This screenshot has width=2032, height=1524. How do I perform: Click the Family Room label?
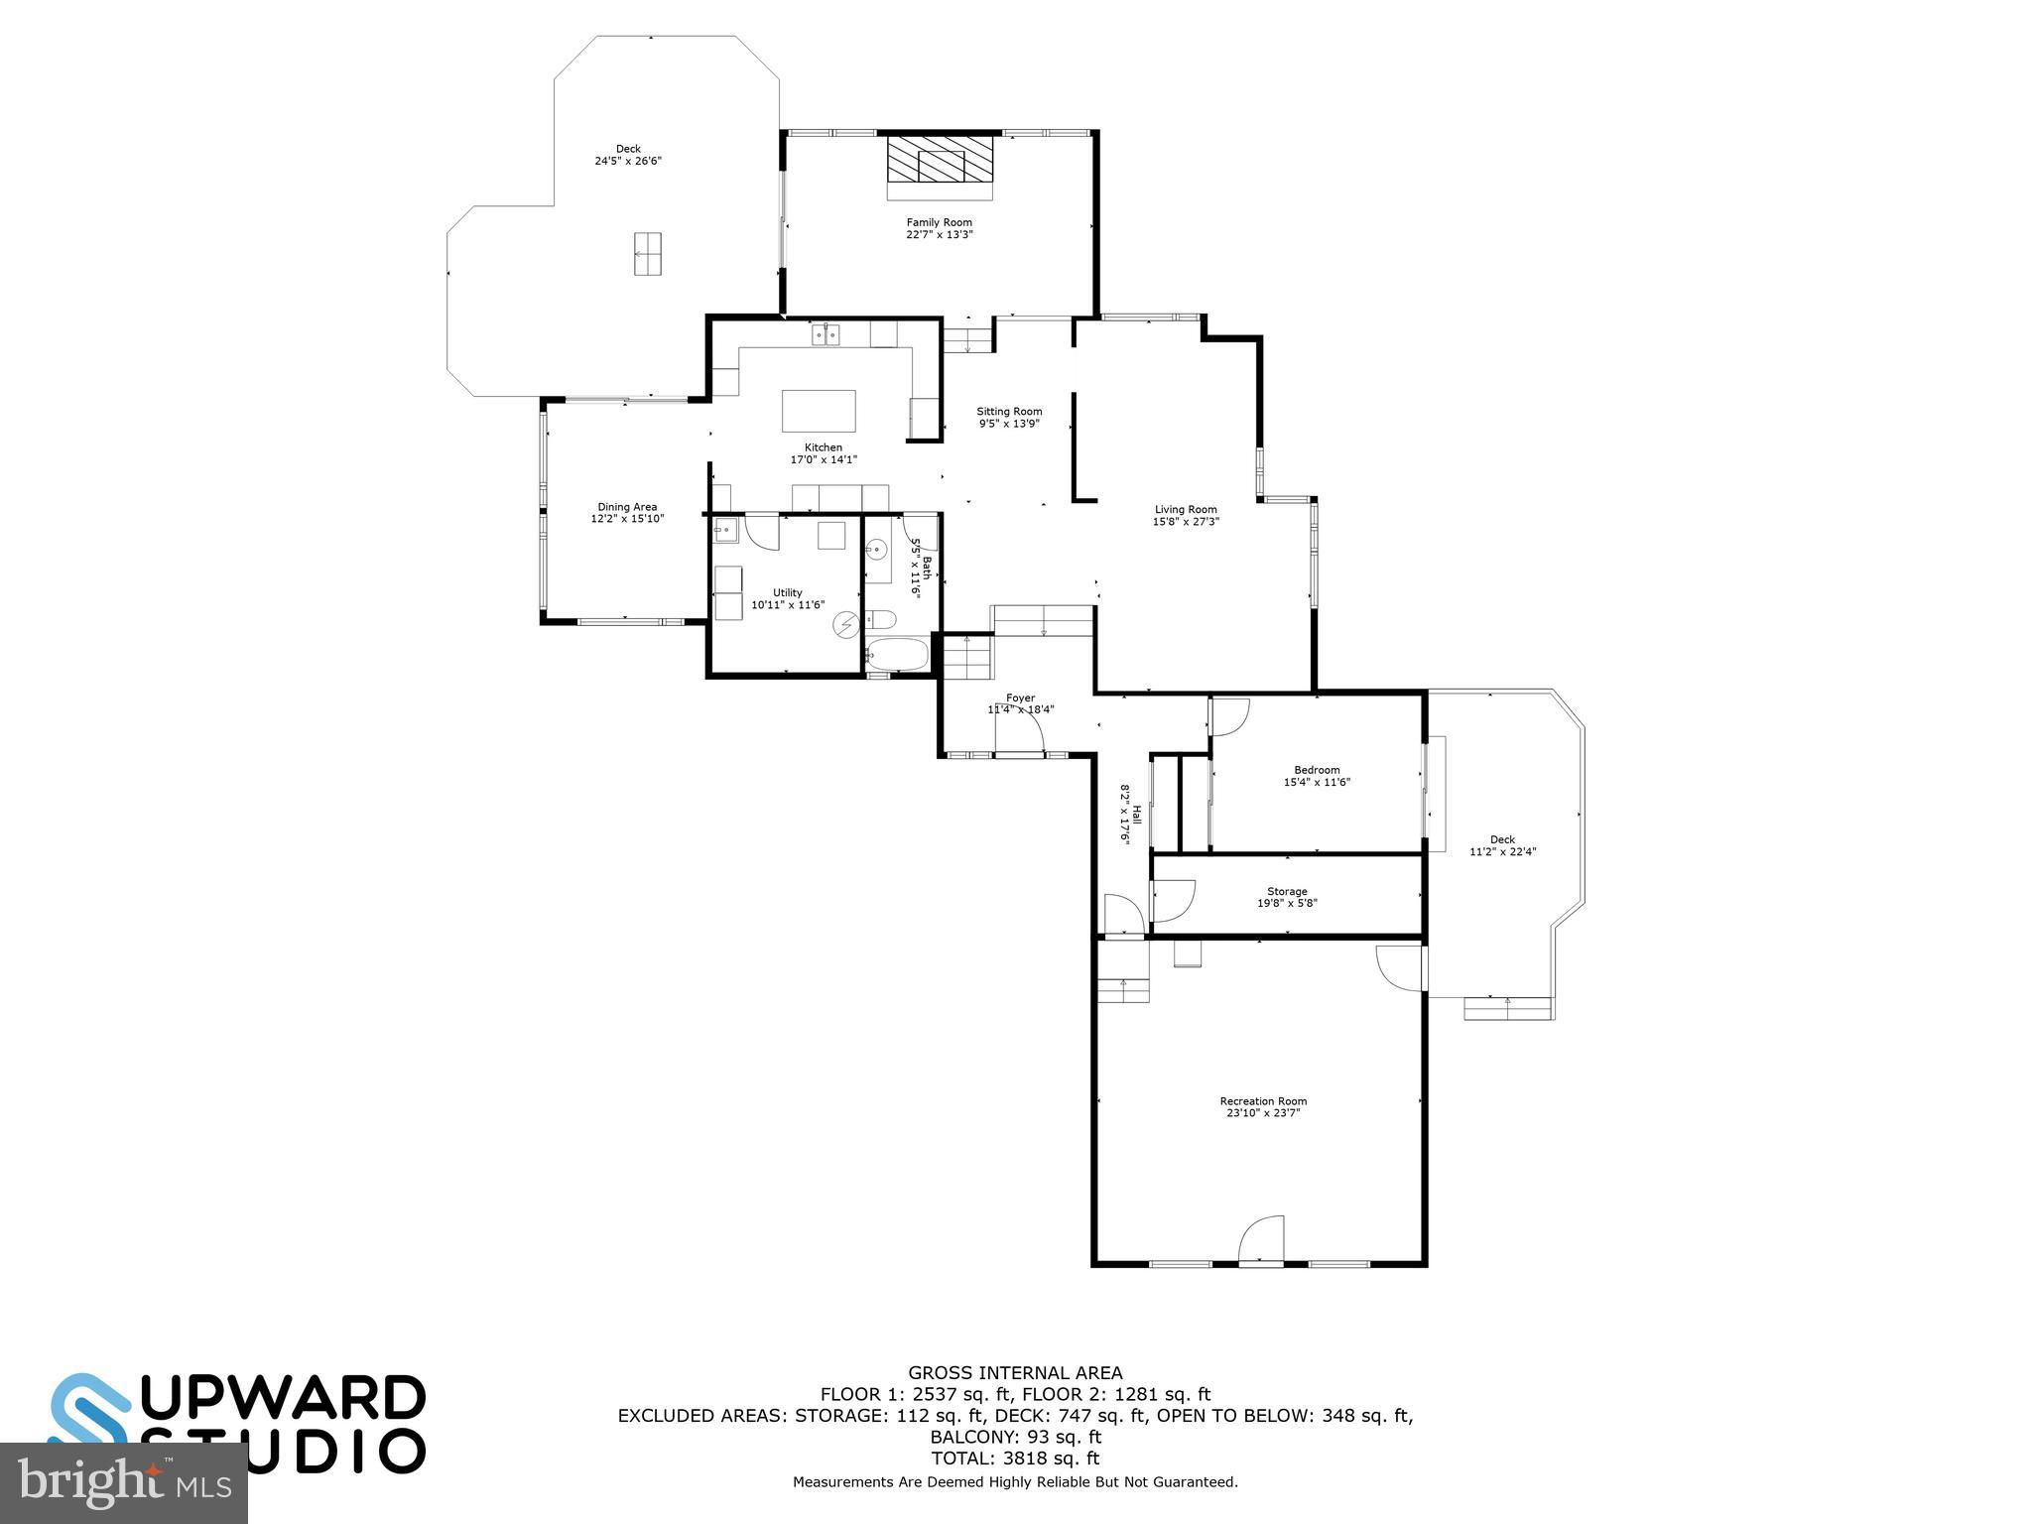(x=939, y=222)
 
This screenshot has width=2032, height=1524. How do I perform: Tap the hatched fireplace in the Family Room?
(x=940, y=159)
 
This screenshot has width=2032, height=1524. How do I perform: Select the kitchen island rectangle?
(x=819, y=411)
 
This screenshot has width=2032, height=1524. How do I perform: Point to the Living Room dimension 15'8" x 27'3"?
(x=1186, y=522)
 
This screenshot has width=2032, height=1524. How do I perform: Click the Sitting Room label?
(x=1009, y=411)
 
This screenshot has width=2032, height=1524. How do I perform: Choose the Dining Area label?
(x=627, y=507)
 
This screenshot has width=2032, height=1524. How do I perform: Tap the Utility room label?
(x=788, y=592)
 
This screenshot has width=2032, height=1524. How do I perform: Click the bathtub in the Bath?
(x=897, y=655)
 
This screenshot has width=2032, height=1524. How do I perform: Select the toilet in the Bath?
(x=882, y=621)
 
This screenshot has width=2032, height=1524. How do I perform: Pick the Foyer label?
(x=1020, y=698)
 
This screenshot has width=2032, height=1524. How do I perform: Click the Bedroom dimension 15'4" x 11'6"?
(x=1317, y=782)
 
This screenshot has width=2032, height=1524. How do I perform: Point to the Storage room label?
(x=1287, y=891)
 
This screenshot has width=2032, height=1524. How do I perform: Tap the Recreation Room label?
(x=1263, y=1100)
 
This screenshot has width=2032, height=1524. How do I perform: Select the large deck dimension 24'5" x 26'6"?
(x=628, y=161)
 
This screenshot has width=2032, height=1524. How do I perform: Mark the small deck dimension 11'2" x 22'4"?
(x=1502, y=851)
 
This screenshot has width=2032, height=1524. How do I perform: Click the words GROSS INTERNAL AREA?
(x=1015, y=1373)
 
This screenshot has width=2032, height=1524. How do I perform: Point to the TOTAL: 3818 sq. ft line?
(x=1015, y=1459)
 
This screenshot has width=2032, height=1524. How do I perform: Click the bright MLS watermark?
(x=124, y=1483)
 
